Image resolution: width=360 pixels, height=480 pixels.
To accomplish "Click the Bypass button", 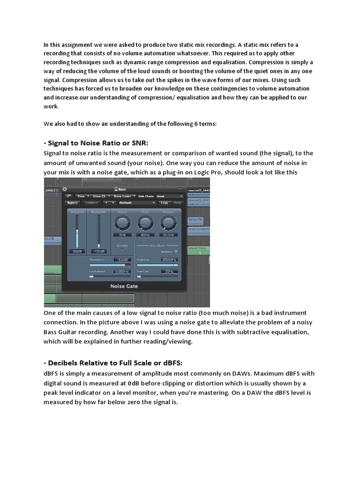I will point(72,202).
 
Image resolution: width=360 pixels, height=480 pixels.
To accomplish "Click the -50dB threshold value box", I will point(75,252).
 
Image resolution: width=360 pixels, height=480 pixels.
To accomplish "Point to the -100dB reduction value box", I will point(98,252).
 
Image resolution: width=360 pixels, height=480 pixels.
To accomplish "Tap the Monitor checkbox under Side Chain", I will point(176,251).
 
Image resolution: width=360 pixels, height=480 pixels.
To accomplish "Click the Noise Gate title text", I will point(124,286).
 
